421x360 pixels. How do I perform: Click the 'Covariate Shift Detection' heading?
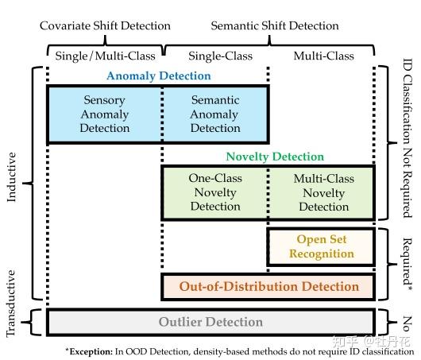pyautogui.click(x=105, y=25)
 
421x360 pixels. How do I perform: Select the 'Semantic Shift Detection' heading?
pyautogui.click(x=274, y=25)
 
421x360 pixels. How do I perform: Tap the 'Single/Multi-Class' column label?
pyautogui.click(x=105, y=56)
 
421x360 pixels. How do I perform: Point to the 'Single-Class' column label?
pyautogui.click(x=215, y=56)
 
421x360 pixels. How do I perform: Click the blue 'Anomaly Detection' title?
pyautogui.click(x=159, y=76)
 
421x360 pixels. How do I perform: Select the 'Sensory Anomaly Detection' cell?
pyautogui.click(x=104, y=114)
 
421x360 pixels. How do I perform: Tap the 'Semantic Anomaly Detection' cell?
pyautogui.click(x=214, y=114)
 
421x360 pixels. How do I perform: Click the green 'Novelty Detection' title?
pyautogui.click(x=275, y=157)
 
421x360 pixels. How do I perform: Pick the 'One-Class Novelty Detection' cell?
pyautogui.click(x=214, y=192)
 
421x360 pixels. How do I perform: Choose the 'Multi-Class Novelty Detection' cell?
pyautogui.click(x=323, y=192)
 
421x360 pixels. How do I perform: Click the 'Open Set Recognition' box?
pyautogui.click(x=321, y=246)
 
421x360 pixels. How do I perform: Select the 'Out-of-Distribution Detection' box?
pyautogui.click(x=268, y=286)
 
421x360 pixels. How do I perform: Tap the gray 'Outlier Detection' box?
pyautogui.click(x=210, y=322)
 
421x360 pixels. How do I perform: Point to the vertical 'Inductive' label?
pyautogui.click(x=11, y=183)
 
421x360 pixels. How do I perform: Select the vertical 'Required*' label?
pyautogui.click(x=408, y=263)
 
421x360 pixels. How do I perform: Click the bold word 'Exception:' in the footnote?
pyautogui.click(x=91, y=350)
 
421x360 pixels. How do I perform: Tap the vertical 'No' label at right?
pyautogui.click(x=408, y=322)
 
